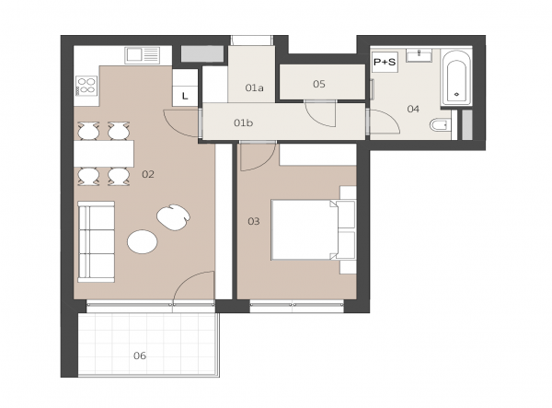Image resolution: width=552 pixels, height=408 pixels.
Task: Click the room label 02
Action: click(x=148, y=174)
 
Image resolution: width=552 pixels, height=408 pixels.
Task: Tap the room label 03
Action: click(x=254, y=221)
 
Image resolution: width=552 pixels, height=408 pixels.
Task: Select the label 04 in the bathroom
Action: click(x=413, y=109)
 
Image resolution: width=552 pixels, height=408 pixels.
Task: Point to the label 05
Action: click(x=319, y=84)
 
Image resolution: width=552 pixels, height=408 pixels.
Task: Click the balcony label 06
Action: click(x=140, y=356)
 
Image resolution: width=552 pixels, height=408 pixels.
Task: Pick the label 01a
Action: click(x=254, y=87)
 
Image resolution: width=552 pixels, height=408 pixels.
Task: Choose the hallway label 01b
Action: click(x=243, y=123)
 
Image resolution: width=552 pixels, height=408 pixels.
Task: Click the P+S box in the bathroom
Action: click(x=385, y=63)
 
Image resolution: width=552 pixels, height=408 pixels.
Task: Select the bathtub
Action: click(x=456, y=78)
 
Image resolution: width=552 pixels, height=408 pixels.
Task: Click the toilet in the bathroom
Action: click(x=440, y=124)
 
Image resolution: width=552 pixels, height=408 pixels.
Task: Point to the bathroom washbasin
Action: click(x=419, y=55)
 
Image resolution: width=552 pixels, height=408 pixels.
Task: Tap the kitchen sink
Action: click(x=142, y=55)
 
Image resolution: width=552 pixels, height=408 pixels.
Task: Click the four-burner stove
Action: click(x=86, y=86)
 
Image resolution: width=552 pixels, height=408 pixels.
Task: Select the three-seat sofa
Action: click(x=96, y=241)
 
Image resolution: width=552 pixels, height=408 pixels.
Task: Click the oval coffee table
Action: click(x=143, y=241)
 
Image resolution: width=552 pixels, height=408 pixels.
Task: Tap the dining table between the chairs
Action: click(x=104, y=154)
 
